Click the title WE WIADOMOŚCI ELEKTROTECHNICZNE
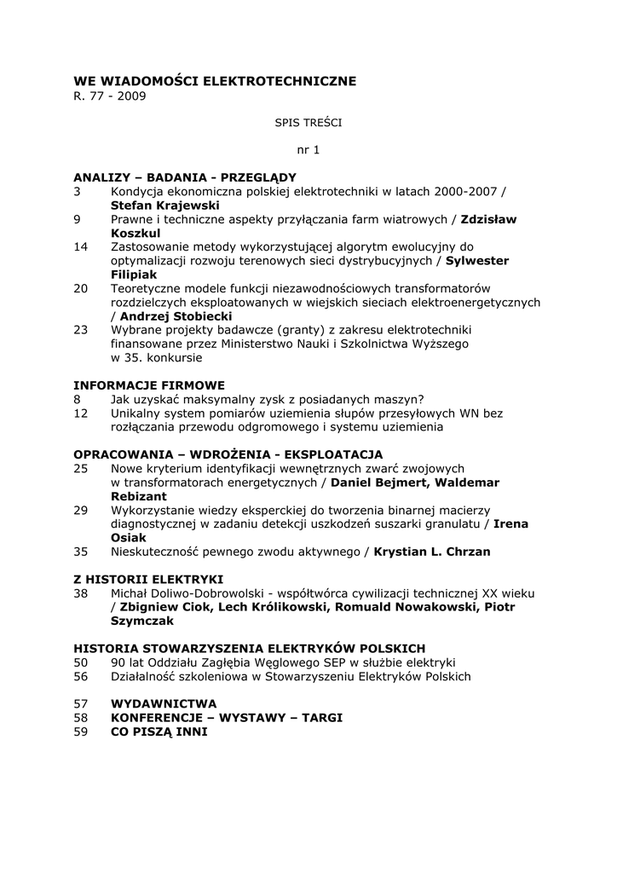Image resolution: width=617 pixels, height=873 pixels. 215,81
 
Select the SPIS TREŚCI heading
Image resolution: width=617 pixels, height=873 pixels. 308,123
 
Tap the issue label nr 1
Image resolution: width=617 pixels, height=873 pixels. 308,150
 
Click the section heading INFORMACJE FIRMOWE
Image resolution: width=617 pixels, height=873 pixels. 149,385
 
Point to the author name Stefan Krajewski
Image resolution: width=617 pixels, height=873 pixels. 164,205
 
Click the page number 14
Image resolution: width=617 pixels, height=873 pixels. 81,247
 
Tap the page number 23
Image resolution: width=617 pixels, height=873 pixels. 81,330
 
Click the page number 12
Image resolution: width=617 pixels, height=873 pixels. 81,413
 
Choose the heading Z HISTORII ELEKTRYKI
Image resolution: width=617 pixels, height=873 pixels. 148,578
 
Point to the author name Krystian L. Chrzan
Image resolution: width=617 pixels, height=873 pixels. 432,552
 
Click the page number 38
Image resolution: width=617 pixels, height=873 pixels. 81,593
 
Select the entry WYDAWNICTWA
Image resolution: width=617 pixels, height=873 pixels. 164,703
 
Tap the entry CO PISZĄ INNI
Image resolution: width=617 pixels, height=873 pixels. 159,731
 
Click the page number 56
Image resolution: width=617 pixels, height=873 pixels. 81,676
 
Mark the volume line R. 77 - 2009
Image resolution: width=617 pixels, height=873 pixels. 110,96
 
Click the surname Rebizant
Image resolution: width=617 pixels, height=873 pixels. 139,496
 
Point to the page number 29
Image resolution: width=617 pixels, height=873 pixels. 81,510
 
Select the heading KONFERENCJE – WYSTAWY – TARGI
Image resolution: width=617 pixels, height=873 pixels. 227,718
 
